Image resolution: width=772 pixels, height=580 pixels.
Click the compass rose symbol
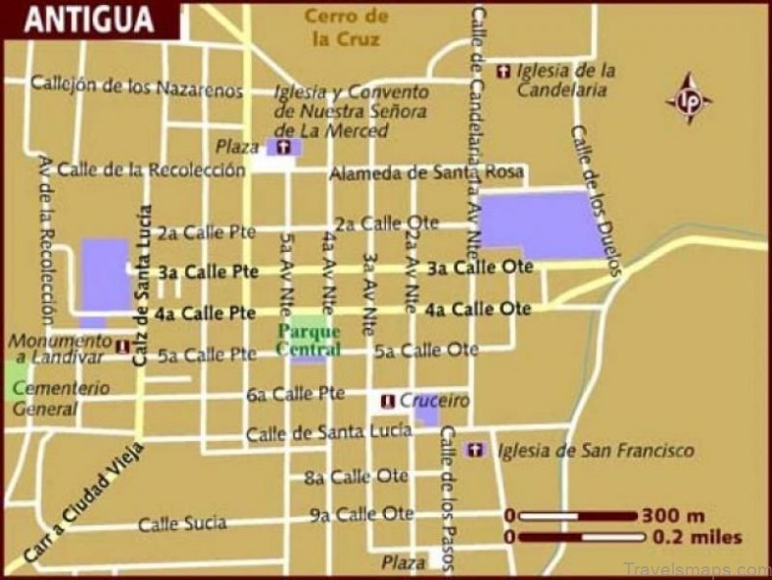pos(689,98)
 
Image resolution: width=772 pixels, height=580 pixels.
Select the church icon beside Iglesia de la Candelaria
pos(504,71)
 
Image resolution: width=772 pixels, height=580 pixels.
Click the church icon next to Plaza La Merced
pos(284,147)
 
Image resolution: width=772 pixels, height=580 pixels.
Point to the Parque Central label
pos(309,340)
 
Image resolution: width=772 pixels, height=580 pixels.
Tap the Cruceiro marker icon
pos(388,401)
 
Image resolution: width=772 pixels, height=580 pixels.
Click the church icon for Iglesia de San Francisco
pos(475,450)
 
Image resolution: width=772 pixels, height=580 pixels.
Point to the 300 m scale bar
pos(578,515)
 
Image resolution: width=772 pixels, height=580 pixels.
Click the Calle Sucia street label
pos(181,524)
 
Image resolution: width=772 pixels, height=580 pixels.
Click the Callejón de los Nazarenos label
pos(136,86)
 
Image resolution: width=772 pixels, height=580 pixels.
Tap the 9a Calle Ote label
pos(362,513)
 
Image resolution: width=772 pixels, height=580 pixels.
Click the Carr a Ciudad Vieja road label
pos(82,505)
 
